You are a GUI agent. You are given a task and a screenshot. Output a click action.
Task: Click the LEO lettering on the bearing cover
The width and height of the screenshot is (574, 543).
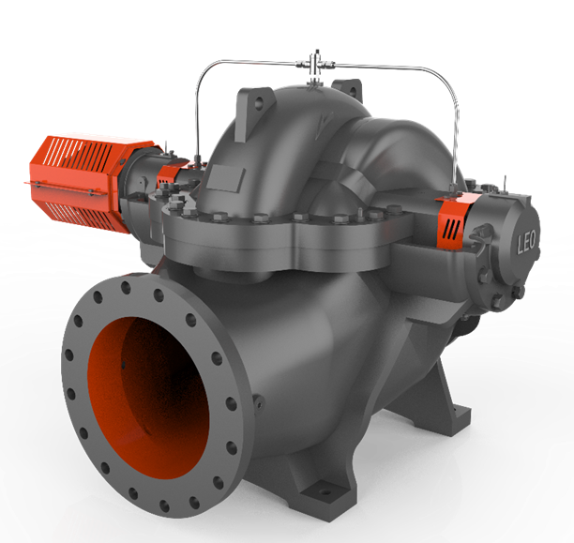point(526,242)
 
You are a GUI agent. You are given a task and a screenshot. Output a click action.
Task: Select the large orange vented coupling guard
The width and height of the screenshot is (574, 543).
point(79,181)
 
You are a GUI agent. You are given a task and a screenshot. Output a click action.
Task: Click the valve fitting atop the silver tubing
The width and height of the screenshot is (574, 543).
point(315,66)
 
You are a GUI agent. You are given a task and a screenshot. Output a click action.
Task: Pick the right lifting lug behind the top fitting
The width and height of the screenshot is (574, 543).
point(348,90)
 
